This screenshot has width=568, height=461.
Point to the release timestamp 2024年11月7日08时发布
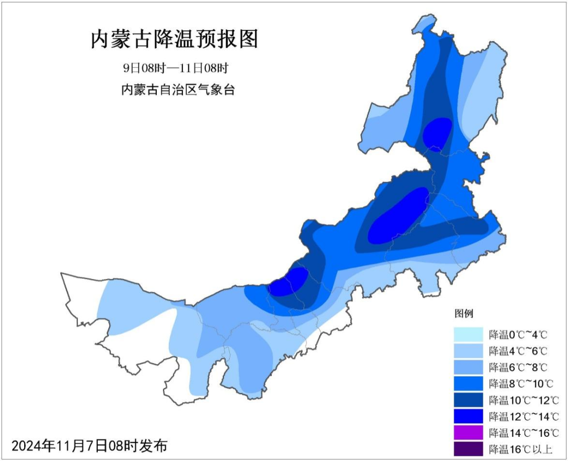[89, 446]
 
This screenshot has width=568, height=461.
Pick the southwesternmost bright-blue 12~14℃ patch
[289, 282]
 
